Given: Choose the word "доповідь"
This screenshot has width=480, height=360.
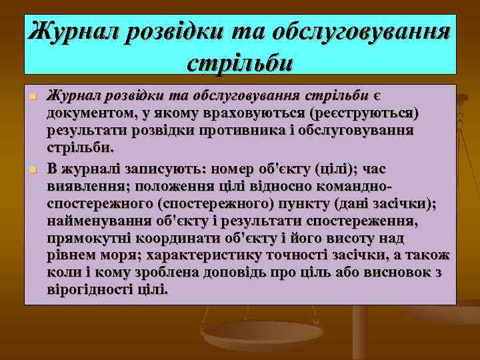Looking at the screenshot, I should pos(251,273).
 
